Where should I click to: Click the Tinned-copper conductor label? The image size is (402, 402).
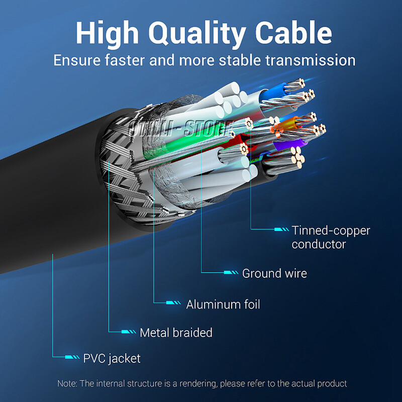[331, 238]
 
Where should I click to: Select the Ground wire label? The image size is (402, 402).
[274, 273]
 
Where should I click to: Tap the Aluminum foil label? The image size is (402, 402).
[223, 304]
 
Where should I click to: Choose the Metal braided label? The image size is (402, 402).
[176, 333]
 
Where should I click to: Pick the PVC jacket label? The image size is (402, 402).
[112, 358]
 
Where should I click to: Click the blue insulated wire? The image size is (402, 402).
[275, 93]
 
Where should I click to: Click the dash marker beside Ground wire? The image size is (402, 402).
[231, 273]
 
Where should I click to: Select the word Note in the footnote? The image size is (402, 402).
[66, 383]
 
